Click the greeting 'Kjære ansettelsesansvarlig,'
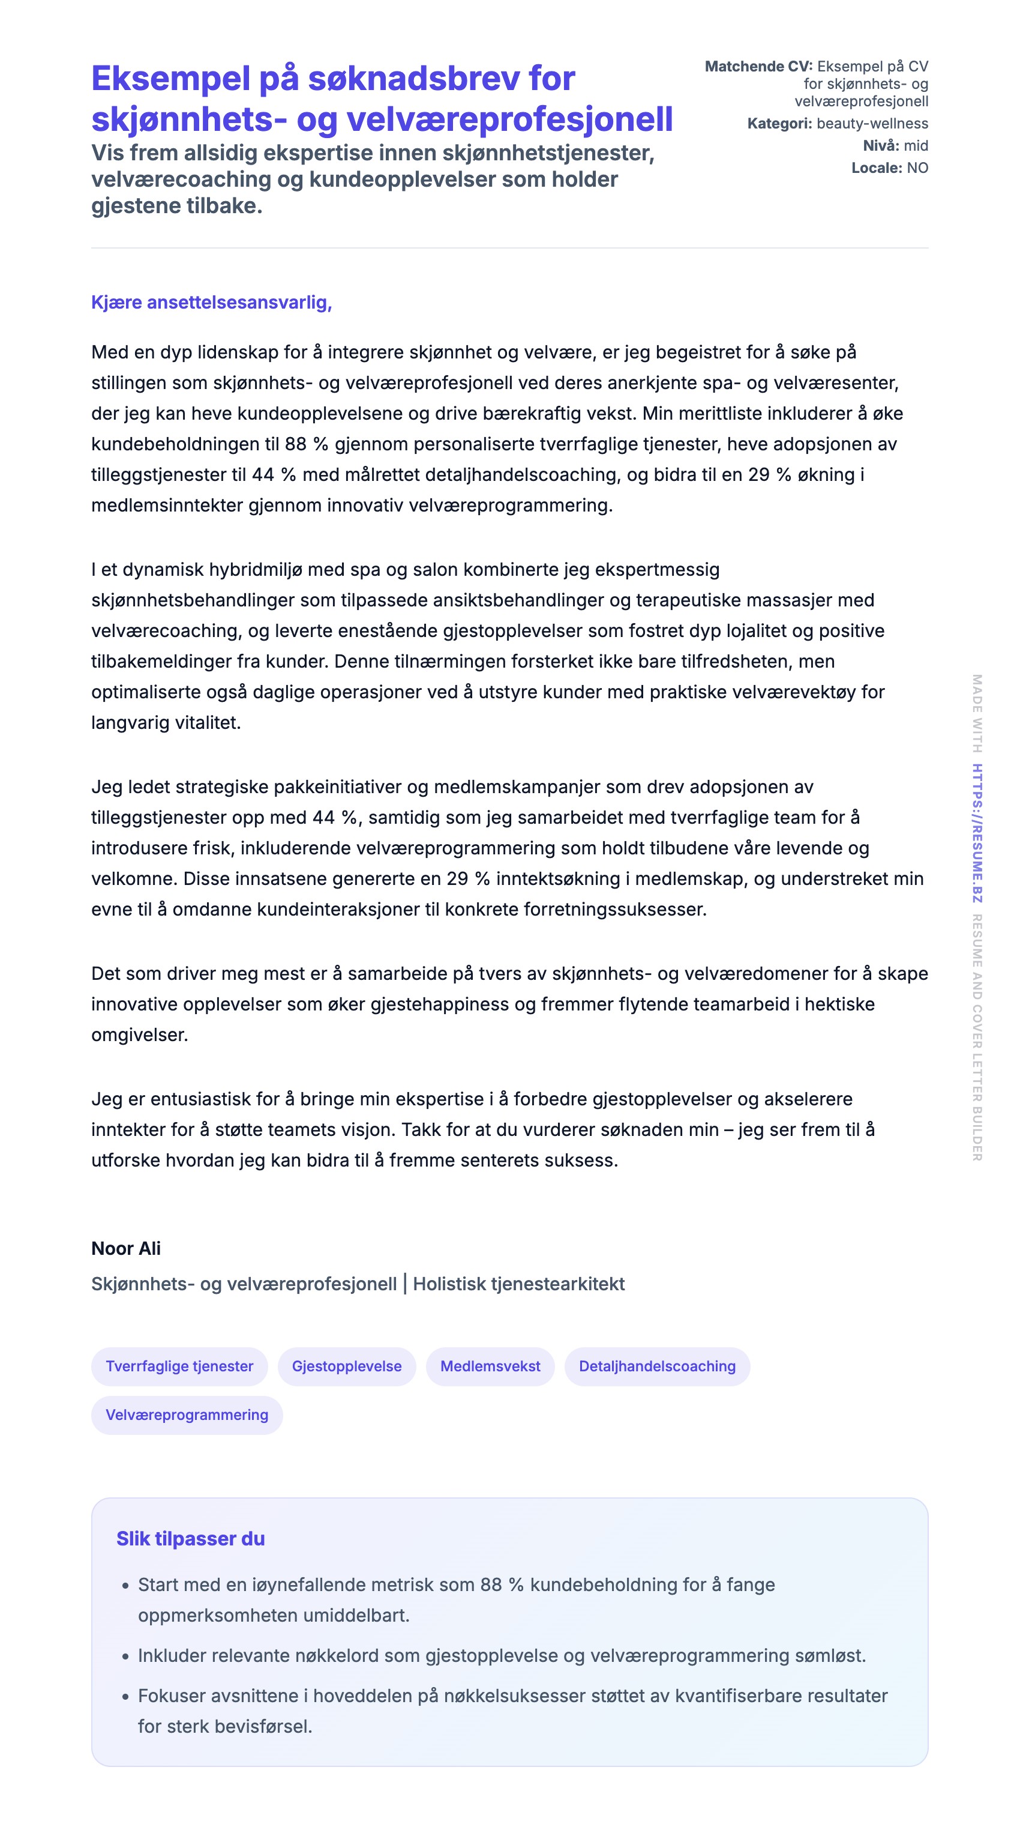coord(211,303)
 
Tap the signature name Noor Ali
coord(126,1248)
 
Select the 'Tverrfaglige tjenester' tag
coord(179,1366)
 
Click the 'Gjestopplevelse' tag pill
coord(346,1366)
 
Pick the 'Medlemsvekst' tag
coord(490,1366)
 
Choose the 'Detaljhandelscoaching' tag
coord(657,1366)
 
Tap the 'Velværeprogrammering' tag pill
coord(187,1415)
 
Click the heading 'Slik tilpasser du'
coord(190,1538)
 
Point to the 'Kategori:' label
coord(779,123)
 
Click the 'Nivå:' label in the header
coord(881,145)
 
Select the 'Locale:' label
coord(877,168)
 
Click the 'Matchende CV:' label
coord(758,67)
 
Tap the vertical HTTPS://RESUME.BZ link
coord(977,833)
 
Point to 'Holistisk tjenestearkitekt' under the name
coord(518,1284)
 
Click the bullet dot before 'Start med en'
coord(125,1586)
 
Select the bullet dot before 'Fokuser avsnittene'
coord(125,1697)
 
